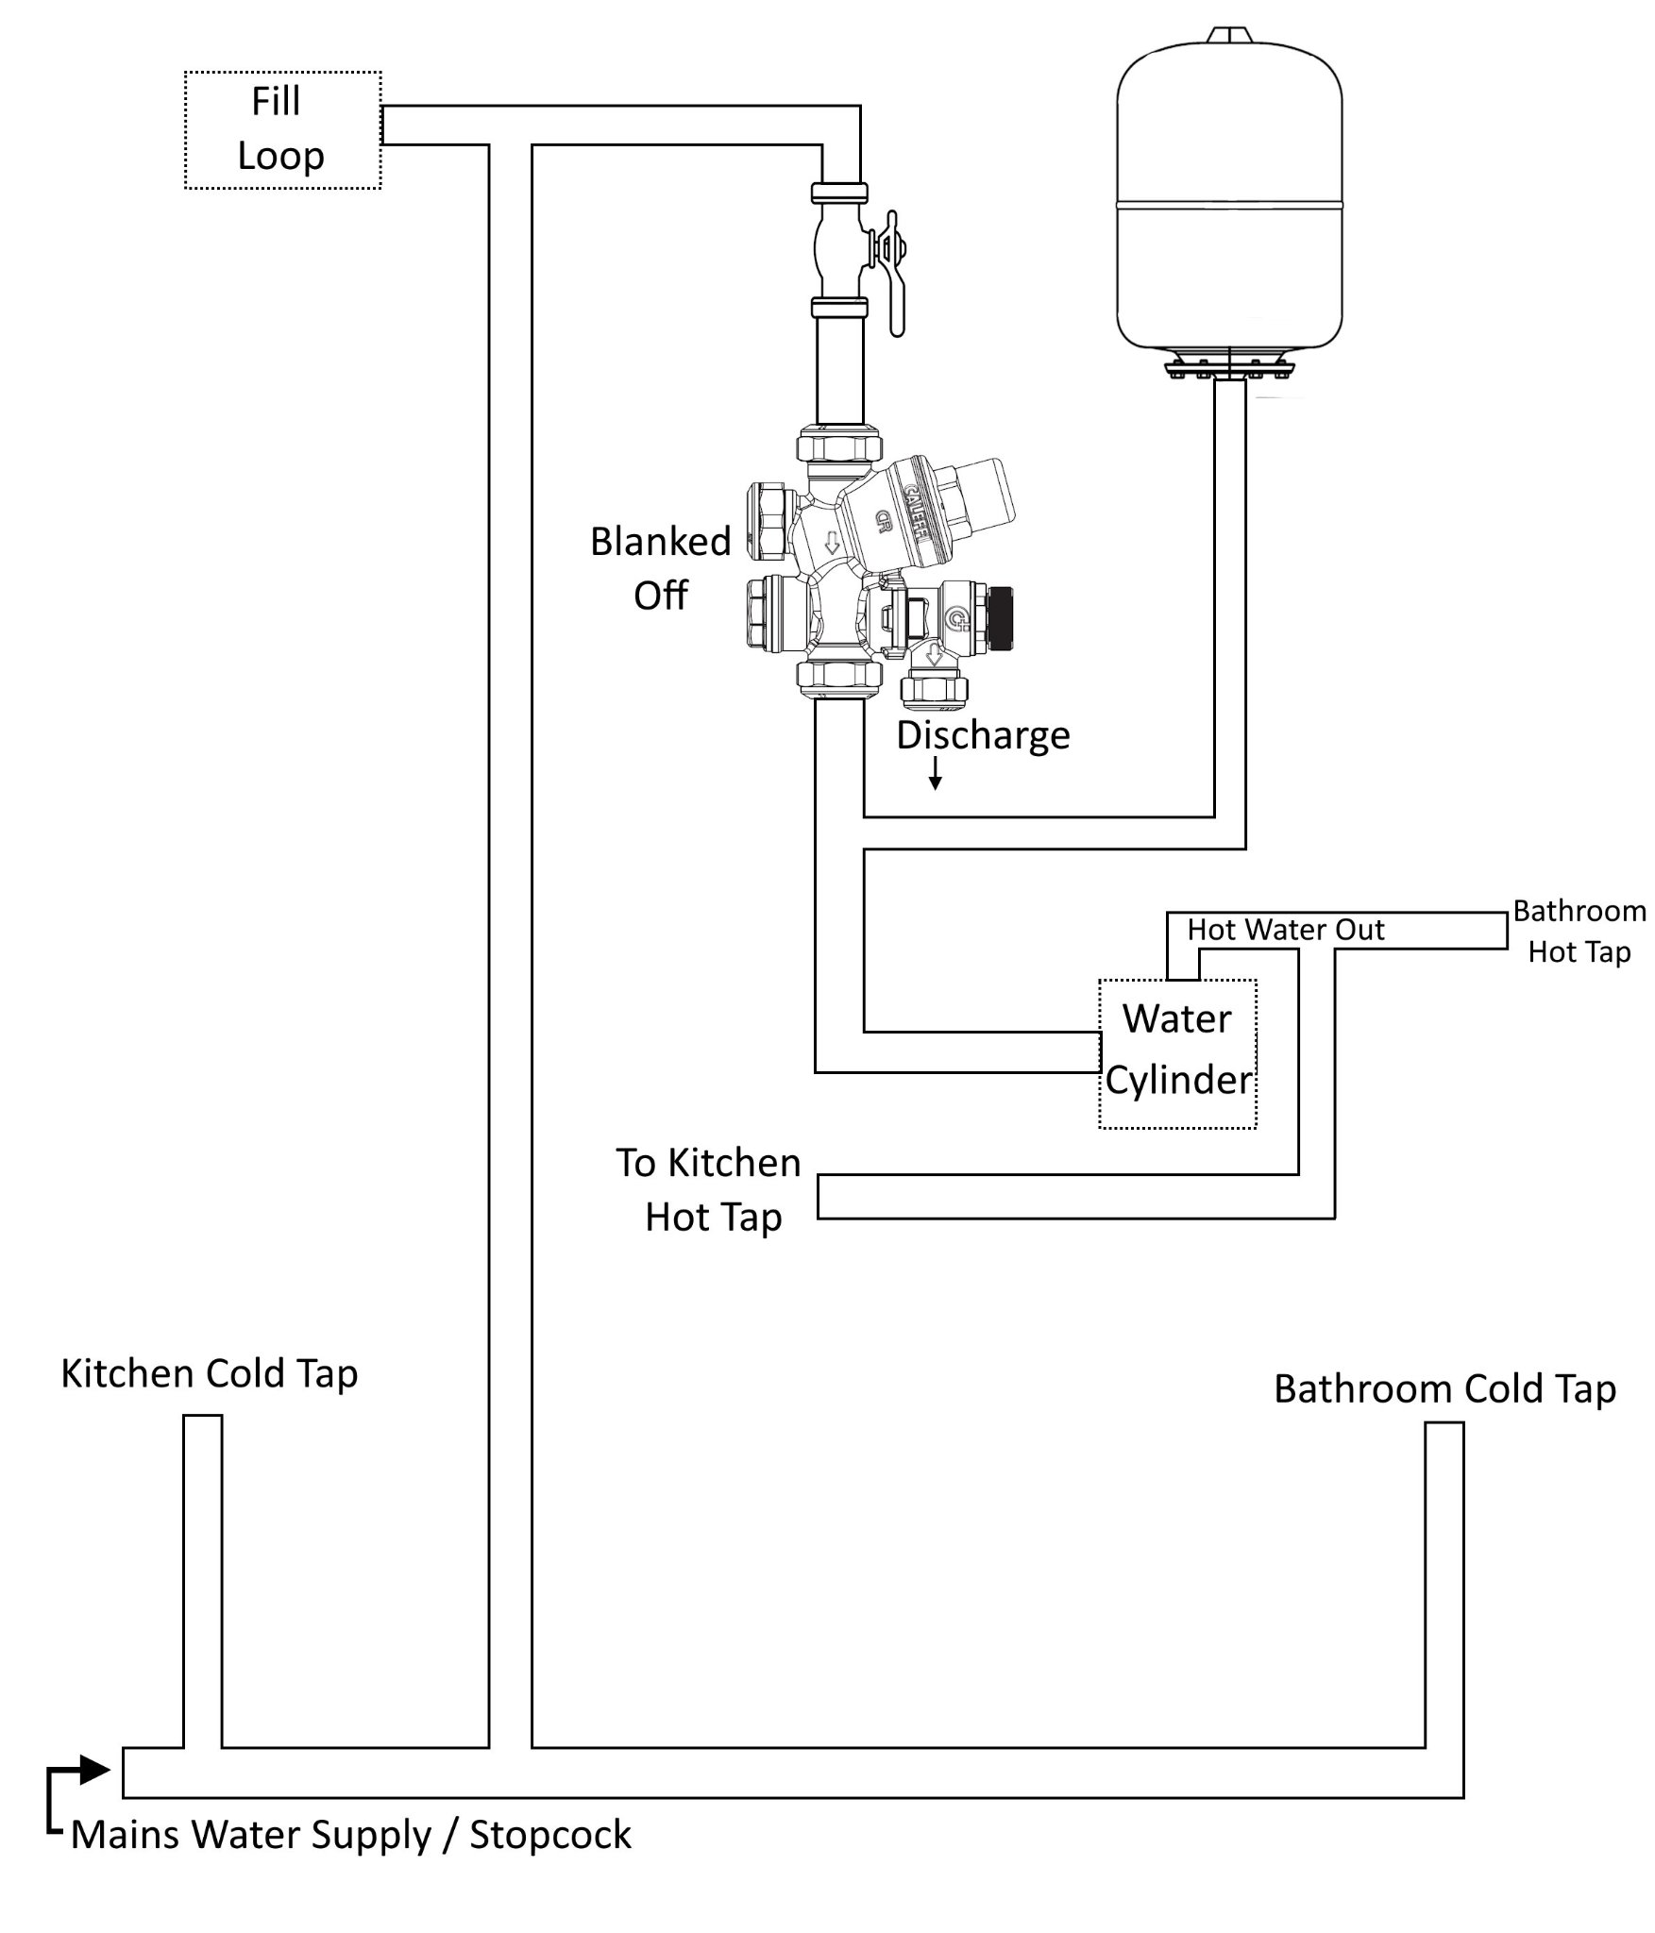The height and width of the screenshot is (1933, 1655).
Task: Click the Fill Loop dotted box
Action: pyautogui.click(x=282, y=130)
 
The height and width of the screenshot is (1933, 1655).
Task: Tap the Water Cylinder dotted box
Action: pyautogui.click(x=1177, y=1053)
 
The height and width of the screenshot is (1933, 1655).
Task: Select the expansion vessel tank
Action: pyautogui.click(x=1229, y=198)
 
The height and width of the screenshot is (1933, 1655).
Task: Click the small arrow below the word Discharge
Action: pyautogui.click(x=935, y=775)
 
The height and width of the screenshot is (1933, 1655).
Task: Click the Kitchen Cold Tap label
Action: pyautogui.click(x=210, y=1373)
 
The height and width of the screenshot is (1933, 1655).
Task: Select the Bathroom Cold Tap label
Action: pyautogui.click(x=1444, y=1388)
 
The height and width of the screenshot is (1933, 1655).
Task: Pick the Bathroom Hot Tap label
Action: pyautogui.click(x=1579, y=932)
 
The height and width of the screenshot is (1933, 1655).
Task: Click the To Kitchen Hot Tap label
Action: pyautogui.click(x=710, y=1190)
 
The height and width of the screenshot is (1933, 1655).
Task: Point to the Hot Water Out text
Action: pyautogui.click(x=1285, y=930)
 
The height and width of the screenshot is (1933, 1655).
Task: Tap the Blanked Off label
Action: pyautogui.click(x=661, y=568)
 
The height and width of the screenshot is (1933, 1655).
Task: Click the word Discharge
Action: pyautogui.click(x=983, y=735)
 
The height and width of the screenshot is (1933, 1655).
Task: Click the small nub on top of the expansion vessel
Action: pyautogui.click(x=1229, y=35)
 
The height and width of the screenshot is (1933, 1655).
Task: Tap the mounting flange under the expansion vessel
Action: pyautogui.click(x=1229, y=369)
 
